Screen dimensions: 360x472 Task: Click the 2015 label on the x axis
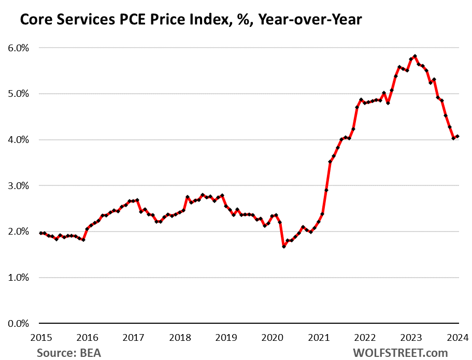(40, 338)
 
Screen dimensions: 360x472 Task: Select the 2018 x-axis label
(180, 338)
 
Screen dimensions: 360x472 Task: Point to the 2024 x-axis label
(458, 338)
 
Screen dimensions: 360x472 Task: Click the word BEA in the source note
(90, 353)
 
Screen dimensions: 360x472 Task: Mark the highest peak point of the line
(415, 56)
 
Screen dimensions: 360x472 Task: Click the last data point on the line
(457, 137)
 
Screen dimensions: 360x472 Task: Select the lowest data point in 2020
(284, 247)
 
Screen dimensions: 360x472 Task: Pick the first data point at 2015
(41, 233)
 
